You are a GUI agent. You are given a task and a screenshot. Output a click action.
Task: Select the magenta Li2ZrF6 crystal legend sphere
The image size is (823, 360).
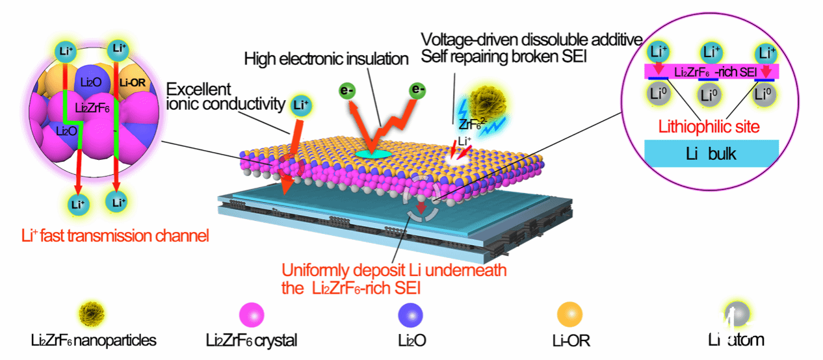tap(251, 315)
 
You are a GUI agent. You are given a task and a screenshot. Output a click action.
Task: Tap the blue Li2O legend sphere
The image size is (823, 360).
tap(411, 315)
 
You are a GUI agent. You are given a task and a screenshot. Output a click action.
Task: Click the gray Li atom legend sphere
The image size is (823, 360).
tap(735, 315)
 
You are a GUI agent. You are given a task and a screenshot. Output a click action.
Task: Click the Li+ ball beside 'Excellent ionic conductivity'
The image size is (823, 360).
tap(300, 104)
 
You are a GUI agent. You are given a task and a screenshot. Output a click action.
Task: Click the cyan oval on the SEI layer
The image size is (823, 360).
tap(372, 153)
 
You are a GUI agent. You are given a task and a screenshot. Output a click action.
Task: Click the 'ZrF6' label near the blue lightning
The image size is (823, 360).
tap(465, 122)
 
